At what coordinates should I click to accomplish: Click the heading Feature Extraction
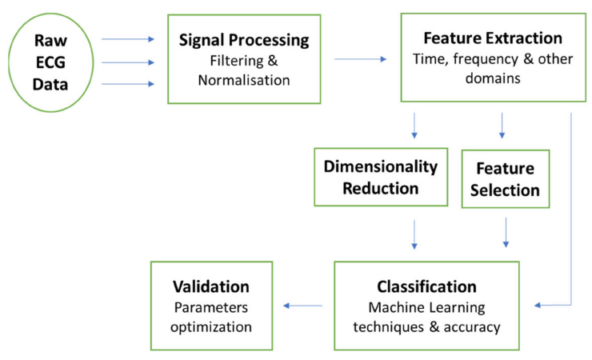(494, 38)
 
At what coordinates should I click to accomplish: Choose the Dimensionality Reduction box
(380, 177)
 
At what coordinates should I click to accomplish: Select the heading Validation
(211, 286)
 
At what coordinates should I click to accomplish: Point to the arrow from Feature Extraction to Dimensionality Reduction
(414, 125)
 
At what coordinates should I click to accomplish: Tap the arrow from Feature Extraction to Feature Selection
(502, 125)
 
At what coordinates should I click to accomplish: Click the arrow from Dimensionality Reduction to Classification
(414, 233)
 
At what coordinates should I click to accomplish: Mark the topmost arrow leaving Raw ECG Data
(128, 38)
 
